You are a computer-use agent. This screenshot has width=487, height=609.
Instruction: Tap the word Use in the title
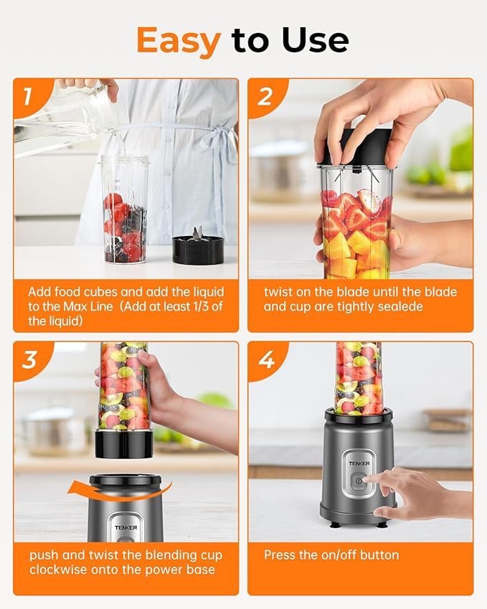316,39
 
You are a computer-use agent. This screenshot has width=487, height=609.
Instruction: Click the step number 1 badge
27,96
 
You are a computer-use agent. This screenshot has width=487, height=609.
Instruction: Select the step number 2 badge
265,96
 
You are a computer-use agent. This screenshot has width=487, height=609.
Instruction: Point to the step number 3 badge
29,359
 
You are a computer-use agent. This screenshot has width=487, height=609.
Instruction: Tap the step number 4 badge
266,359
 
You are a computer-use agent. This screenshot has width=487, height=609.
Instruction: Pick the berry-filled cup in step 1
125,209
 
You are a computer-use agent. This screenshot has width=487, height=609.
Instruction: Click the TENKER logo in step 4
359,463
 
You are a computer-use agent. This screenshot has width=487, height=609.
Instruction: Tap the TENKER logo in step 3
126,527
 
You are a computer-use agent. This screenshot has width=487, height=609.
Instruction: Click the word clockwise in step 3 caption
58,570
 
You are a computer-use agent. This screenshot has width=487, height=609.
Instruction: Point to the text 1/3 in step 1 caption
202,306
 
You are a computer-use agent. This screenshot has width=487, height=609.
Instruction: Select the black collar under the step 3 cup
124,443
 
